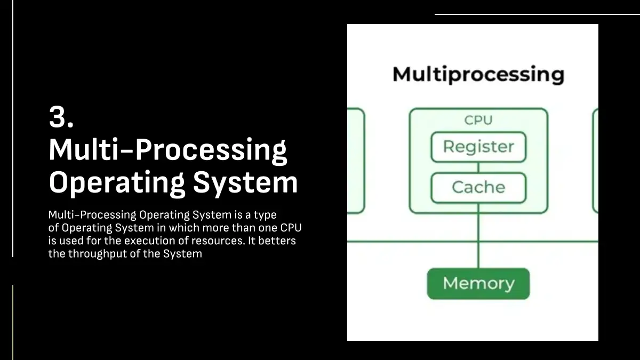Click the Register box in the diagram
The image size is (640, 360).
point(478,147)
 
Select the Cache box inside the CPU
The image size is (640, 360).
point(478,188)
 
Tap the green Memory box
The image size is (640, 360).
point(478,283)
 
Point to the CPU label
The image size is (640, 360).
point(478,120)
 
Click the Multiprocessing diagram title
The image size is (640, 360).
point(478,74)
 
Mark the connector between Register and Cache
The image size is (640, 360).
point(478,167)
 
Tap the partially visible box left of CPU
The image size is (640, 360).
point(356,160)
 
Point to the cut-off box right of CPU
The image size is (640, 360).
point(595,160)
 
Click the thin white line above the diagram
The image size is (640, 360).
point(533,14)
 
